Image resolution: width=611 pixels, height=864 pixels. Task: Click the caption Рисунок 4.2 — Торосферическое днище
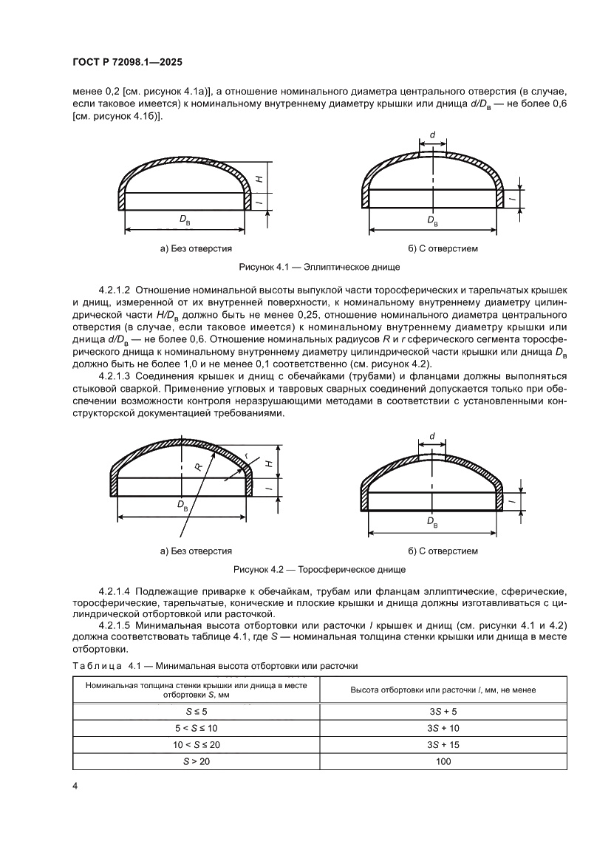pos(320,570)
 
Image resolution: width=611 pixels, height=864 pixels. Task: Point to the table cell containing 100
pos(443,761)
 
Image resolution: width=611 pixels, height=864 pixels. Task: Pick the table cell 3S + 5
pos(443,712)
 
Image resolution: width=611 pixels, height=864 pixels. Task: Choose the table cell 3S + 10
pos(443,729)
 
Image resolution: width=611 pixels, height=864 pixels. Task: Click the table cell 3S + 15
pos(443,745)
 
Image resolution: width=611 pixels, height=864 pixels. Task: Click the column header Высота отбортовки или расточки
pos(443,690)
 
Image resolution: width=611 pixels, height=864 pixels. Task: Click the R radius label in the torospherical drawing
pos(198,467)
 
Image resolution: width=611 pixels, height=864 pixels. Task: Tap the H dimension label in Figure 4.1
pos(259,177)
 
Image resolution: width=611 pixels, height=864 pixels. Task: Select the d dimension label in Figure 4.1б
pos(432,135)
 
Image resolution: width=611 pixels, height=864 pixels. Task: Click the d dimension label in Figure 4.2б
pos(431,437)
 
